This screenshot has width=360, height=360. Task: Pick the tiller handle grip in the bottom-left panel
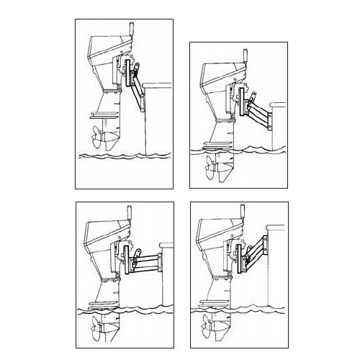coord(131,214)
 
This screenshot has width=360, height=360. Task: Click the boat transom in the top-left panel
coord(158,122)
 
